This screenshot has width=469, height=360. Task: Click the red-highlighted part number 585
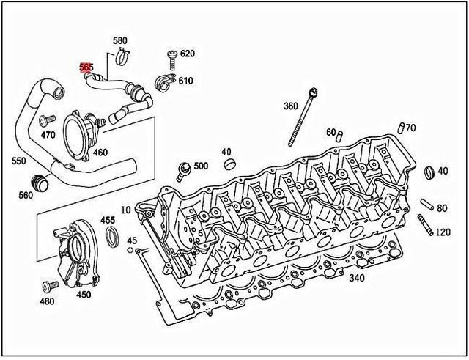(x=86, y=67)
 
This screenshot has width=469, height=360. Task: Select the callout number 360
(x=291, y=106)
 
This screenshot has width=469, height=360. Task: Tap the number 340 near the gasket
(x=356, y=278)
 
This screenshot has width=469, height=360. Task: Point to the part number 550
(x=19, y=160)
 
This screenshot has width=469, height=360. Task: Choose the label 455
(x=108, y=220)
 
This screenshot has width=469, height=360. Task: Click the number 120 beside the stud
(x=443, y=232)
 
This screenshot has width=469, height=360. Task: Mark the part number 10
(x=125, y=210)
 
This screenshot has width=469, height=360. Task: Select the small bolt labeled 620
(x=171, y=56)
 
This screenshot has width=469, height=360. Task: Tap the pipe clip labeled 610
(x=165, y=81)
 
